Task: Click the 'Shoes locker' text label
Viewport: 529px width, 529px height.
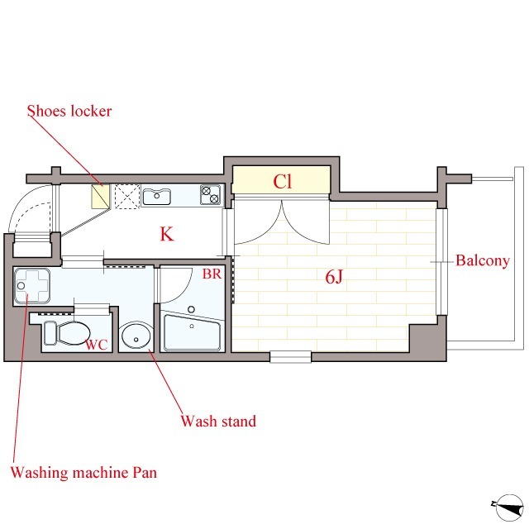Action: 69,111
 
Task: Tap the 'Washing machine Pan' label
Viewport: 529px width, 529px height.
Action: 83,472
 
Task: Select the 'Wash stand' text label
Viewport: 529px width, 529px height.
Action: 218,421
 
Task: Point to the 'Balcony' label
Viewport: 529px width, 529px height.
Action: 483,261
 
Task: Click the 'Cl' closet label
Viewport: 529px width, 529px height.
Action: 282,182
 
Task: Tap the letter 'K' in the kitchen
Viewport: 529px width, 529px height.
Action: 167,234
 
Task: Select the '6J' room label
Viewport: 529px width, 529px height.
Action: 334,277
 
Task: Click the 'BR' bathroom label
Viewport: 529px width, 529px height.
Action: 212,274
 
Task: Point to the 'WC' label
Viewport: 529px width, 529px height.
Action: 97,345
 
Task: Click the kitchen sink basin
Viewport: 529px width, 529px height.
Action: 156,197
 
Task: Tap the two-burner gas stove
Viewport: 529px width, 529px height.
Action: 210,195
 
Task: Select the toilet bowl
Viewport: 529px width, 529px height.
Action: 67,333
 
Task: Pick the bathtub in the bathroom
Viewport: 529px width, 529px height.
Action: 192,332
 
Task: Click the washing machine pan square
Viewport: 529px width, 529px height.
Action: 32,286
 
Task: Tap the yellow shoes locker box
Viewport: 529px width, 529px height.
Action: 101,196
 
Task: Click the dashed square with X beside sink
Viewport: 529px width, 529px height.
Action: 127,196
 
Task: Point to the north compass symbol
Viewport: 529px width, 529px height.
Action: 508,508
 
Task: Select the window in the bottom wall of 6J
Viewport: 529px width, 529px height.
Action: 290,357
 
